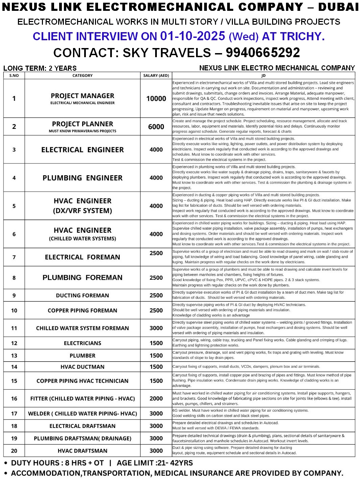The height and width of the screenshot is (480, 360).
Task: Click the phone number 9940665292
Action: tap(263, 53)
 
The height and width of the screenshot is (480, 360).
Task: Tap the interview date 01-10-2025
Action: tap(193, 36)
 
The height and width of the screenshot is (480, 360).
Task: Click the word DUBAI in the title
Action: tap(338, 7)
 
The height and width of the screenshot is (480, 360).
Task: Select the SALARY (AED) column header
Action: tap(156, 75)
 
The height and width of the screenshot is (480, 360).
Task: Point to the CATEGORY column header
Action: tap(82, 75)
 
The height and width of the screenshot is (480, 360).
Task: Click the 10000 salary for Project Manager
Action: tap(156, 98)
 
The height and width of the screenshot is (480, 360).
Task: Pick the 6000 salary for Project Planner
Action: tap(156, 127)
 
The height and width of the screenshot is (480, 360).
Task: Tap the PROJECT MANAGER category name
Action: tap(82, 96)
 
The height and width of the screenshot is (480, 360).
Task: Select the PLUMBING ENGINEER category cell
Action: tap(82, 178)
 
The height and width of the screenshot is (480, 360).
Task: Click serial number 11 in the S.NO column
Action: tap(14, 328)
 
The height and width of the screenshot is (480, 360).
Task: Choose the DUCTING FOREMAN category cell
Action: tap(82, 295)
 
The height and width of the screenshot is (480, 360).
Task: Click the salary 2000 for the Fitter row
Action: tap(156, 398)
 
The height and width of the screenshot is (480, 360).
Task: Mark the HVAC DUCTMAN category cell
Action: tap(82, 367)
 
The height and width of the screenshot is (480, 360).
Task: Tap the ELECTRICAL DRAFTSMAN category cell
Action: tap(82, 426)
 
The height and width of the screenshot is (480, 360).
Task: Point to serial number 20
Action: tap(14, 451)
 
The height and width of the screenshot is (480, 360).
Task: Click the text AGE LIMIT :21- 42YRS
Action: tap(154, 463)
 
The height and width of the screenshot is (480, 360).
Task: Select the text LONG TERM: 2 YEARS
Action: tap(40, 68)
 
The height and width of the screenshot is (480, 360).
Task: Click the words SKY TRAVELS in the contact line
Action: tap(167, 53)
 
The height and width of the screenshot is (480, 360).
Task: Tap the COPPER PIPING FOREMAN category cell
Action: tap(82, 311)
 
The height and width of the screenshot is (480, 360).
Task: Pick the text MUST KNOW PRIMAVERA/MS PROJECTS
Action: tap(82, 131)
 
